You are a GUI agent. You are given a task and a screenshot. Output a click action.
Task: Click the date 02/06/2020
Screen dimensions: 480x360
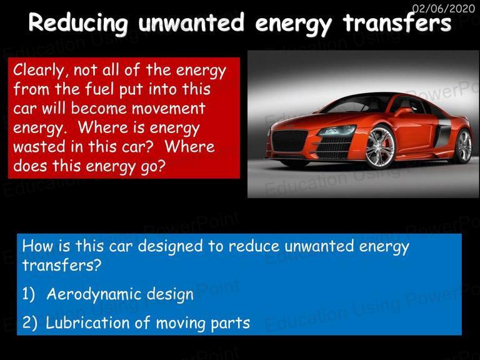click(444, 7)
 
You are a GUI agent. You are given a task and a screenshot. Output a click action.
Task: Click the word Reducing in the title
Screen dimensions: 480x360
click(78, 23)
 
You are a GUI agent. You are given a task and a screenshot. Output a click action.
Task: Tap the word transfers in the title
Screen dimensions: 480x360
click(397, 22)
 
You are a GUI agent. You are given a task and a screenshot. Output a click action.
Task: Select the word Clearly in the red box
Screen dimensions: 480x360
click(39, 71)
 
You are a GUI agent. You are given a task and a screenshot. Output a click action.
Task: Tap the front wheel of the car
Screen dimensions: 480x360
click(380, 148)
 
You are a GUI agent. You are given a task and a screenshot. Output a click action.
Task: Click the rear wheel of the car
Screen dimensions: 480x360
click(464, 146)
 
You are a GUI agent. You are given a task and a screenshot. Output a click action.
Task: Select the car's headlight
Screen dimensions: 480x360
click(337, 131)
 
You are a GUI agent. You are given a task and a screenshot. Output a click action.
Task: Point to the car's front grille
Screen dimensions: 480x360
click(289, 141)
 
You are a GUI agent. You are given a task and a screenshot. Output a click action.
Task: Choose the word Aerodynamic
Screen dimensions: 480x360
click(94, 294)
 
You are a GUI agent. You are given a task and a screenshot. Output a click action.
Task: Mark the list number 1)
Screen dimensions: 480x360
click(29, 294)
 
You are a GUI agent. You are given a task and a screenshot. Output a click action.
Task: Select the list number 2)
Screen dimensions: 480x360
click(30, 323)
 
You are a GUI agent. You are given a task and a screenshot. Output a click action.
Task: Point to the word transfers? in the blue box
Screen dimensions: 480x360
click(61, 265)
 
